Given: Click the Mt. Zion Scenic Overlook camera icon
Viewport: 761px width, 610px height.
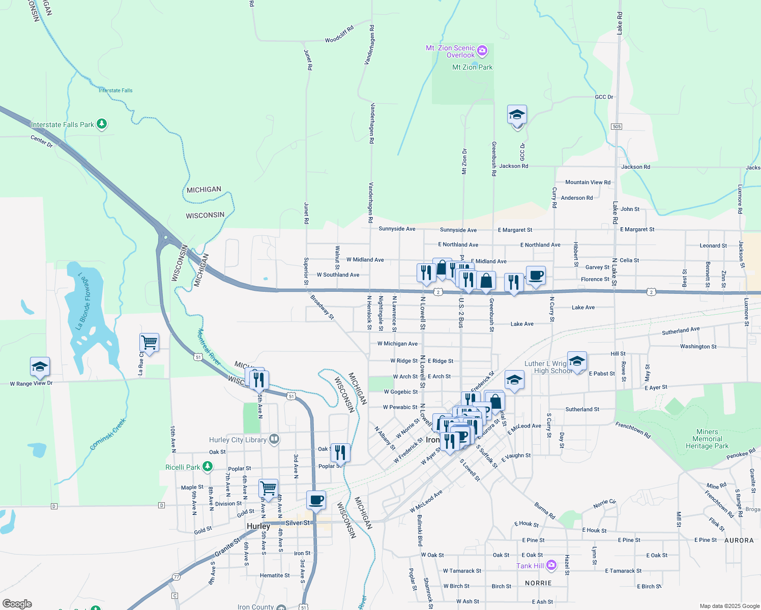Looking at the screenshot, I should [482, 51].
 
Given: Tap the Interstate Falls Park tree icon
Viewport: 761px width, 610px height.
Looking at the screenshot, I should [102, 124].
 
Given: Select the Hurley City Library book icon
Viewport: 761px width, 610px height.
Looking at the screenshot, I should [274, 439].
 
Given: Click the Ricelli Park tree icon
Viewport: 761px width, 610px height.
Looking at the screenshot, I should [207, 466].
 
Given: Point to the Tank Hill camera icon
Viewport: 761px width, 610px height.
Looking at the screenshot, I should [551, 565].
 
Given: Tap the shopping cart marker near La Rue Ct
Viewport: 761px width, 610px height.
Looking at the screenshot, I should [149, 343].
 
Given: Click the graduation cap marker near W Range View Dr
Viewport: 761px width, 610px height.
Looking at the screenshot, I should [40, 367].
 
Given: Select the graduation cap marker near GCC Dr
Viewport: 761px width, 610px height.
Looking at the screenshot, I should [517, 115].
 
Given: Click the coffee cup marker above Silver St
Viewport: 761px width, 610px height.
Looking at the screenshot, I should [316, 500].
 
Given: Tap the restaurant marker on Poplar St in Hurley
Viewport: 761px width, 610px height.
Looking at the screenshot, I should [340, 452].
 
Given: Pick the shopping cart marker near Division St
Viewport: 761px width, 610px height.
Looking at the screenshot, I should [268, 489].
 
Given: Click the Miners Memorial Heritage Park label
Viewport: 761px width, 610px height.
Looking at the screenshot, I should [707, 439].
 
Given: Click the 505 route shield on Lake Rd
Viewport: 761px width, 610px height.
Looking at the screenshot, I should [617, 127].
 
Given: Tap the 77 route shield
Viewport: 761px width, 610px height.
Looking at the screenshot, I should [176, 577].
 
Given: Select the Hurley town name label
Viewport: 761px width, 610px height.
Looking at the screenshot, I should [258, 526].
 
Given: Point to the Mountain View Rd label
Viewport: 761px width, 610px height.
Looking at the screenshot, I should [588, 182].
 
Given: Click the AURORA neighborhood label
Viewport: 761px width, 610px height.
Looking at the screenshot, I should [739, 540].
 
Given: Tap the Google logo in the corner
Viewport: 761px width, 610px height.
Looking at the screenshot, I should [17, 603].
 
